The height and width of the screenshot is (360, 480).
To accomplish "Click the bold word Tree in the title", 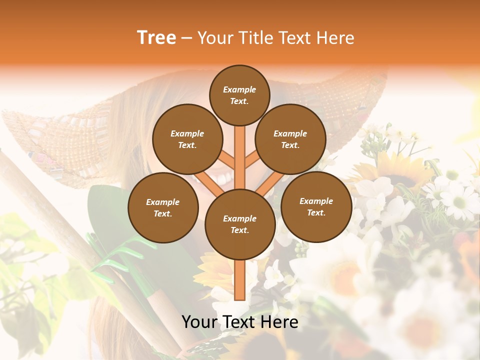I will point(156,38).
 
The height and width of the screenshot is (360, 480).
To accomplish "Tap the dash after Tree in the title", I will point(186,38).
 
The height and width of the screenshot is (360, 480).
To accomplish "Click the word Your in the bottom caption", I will point(200,322).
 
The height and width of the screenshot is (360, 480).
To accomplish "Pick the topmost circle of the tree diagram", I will point(239,95).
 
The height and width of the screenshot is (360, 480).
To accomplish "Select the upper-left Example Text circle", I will point(187,139).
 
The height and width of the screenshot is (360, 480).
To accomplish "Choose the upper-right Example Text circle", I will point(290,139).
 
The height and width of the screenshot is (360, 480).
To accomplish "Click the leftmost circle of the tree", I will point(163,207).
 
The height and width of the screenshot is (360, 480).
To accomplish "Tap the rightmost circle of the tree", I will point(316,206).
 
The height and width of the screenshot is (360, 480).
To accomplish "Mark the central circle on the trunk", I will point(240,224).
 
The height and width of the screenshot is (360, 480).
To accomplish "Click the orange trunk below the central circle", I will point(240,280).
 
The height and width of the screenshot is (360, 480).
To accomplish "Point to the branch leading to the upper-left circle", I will point(225,160).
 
